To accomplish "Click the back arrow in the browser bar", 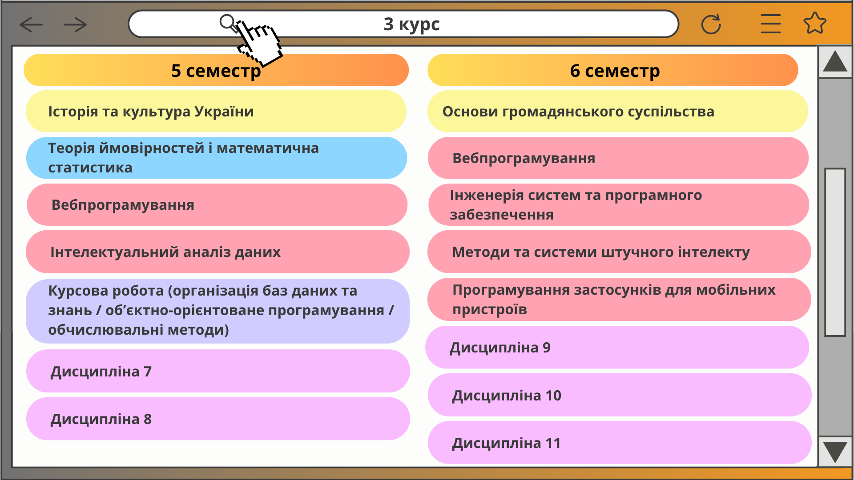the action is (x=31, y=25).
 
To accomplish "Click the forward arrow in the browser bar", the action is (x=75, y=25).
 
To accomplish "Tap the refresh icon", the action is (x=711, y=24).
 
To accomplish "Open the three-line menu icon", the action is (x=770, y=24).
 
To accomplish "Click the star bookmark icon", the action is (x=815, y=23).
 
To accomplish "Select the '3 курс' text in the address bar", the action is (x=411, y=24).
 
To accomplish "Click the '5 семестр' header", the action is (x=216, y=70).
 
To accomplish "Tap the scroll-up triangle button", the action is (x=835, y=62).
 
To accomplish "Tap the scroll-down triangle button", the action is (x=835, y=452).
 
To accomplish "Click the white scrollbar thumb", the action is (x=835, y=252).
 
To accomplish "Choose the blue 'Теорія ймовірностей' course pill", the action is (x=217, y=158).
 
